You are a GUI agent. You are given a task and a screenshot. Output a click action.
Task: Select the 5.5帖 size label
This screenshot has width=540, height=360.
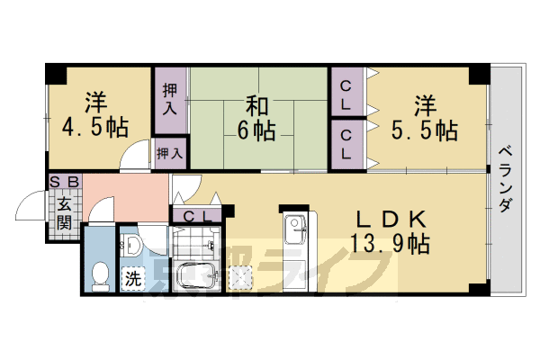pos(424,131)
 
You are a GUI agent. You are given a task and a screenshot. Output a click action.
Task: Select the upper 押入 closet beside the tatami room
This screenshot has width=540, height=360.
pos(170,100)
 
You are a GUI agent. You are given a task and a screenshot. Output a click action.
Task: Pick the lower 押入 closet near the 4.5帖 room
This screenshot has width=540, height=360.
pos(170,154)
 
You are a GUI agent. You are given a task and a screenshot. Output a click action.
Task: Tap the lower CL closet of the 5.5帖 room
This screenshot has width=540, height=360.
pos(346,144)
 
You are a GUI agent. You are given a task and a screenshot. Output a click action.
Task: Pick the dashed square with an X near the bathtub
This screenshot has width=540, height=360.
pos(241,278)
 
